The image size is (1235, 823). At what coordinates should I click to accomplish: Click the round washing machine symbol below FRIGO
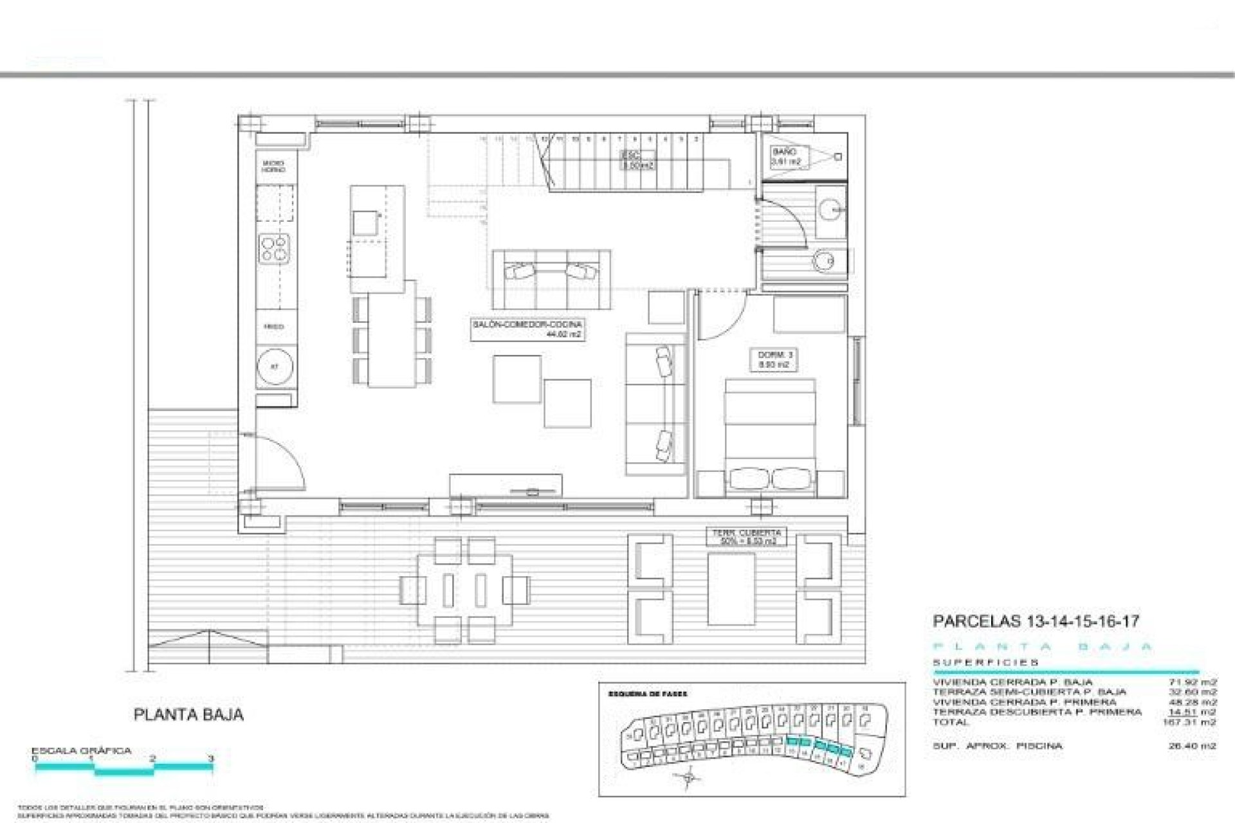click(275, 367)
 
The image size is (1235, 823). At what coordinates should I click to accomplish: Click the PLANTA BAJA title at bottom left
click(188, 714)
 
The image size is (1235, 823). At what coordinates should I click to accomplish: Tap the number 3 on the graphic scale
click(211, 758)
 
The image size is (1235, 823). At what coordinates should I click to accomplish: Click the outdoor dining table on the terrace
click(465, 590)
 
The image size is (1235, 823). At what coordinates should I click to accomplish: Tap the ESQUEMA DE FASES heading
click(648, 694)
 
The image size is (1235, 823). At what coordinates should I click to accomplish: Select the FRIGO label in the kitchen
click(273, 327)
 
